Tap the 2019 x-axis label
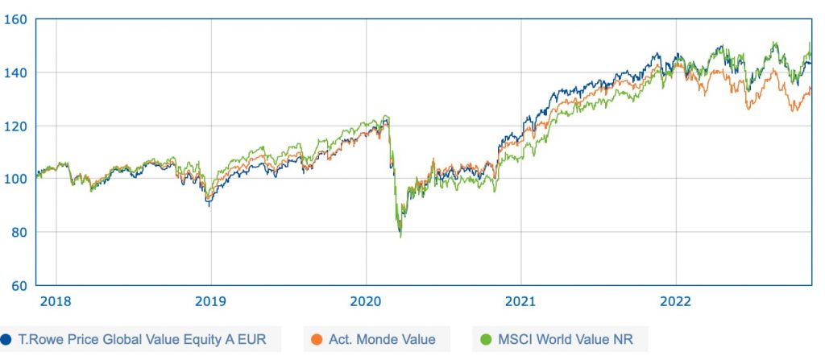pos(211,302)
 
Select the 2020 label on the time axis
pos(366,302)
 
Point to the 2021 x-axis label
pos(520,302)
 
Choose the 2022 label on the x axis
pos(676,302)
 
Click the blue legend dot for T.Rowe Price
pos(6,339)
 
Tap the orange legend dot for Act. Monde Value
pos(316,339)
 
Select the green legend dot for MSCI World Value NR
pos(485,339)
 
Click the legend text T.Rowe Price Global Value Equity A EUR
pos(143,339)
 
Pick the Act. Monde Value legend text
pos(382,339)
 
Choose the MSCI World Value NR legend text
pos(562,339)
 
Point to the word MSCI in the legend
pos(515,339)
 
